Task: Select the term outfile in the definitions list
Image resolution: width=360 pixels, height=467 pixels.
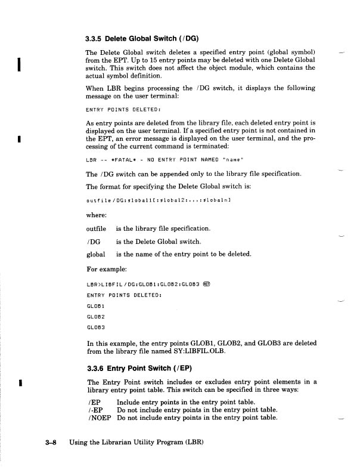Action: (96, 228)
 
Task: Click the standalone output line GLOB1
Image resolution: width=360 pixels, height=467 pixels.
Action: (96, 305)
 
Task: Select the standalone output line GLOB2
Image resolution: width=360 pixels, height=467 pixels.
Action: (96, 316)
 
